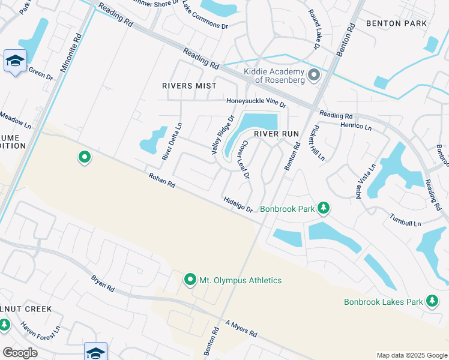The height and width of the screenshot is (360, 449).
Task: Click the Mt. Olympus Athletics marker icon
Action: point(190,280)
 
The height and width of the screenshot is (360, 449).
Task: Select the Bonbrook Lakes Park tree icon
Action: point(432,301)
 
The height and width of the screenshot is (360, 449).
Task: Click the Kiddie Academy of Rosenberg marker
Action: point(313,76)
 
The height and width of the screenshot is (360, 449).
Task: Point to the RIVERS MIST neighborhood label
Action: point(189,86)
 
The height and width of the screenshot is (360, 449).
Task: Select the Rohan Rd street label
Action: point(162,180)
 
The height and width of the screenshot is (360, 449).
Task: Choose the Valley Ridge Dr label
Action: point(221,136)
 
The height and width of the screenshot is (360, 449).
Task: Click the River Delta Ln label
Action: point(172,141)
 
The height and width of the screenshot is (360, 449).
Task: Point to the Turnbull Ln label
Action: point(406,220)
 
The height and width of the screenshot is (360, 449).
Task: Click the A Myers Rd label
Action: point(241,329)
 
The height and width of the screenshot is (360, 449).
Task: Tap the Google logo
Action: point(20,353)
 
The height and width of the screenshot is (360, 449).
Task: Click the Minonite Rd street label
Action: point(76,48)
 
